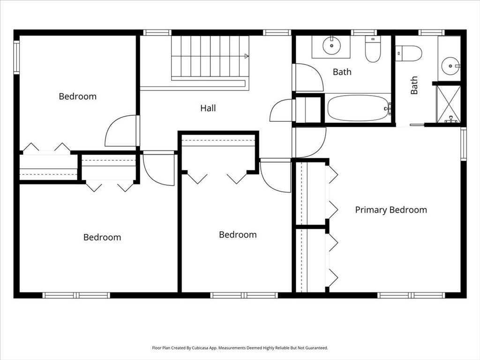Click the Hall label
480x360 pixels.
click(x=208, y=108)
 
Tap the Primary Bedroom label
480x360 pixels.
click(x=391, y=210)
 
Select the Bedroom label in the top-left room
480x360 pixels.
click(x=77, y=97)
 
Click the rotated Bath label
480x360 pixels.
click(x=414, y=86)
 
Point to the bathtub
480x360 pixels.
click(x=359, y=108)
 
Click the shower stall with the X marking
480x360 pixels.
click(x=449, y=105)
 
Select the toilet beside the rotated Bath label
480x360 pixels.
click(x=408, y=53)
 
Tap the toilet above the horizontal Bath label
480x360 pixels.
click(x=373, y=49)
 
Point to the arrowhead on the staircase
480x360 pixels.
click(x=247, y=56)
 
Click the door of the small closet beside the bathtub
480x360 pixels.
click(x=282, y=111)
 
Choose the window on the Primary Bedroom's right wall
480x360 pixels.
click(x=463, y=144)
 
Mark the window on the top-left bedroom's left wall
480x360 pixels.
click(x=16, y=58)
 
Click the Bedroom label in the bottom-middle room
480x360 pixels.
click(x=238, y=235)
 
